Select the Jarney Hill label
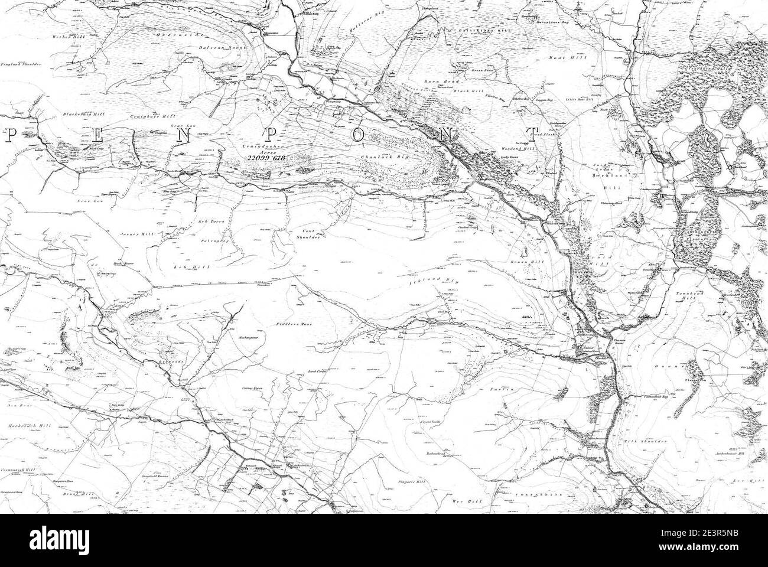coord(136,234)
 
